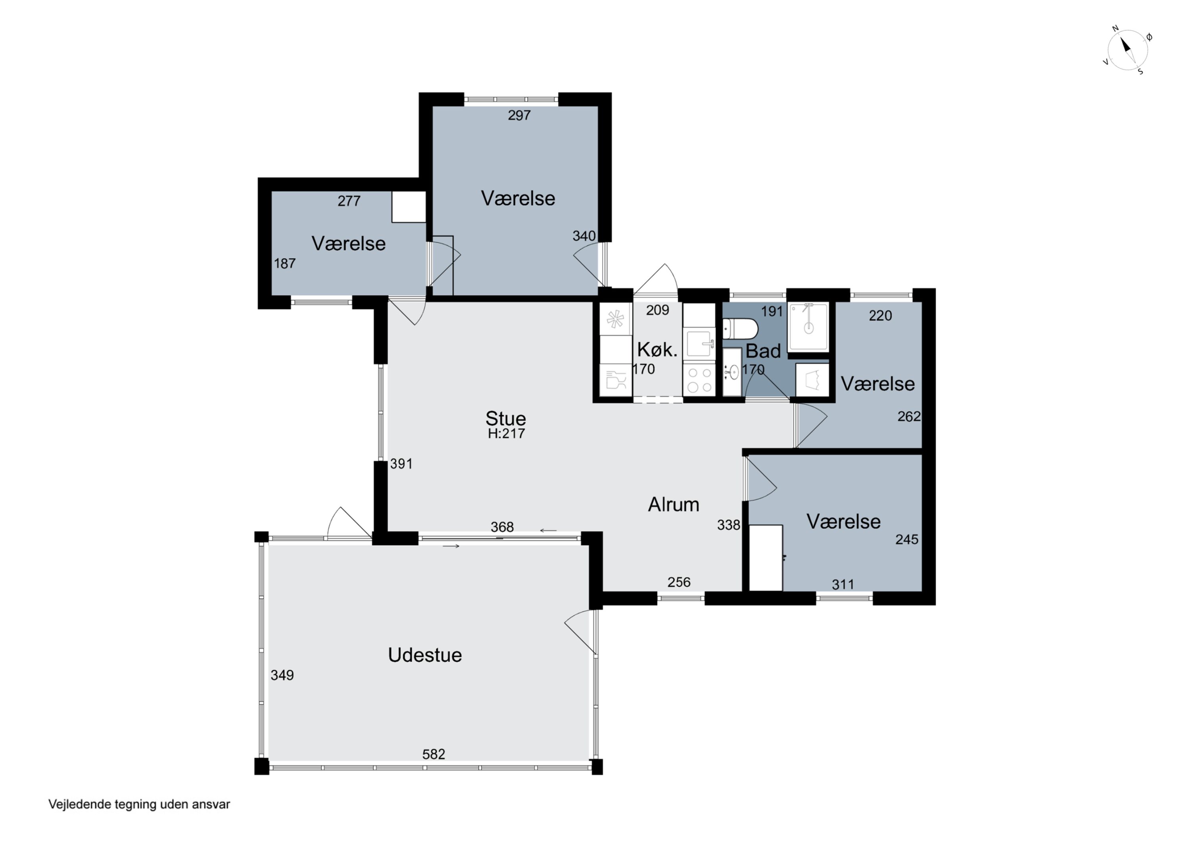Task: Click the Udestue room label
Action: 424,655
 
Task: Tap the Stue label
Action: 505,418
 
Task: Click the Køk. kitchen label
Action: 657,350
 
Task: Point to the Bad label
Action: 763,351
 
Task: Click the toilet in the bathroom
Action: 740,329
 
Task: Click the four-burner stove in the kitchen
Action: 699,380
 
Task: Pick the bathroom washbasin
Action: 732,372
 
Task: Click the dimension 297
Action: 519,115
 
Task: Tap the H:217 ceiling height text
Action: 507,434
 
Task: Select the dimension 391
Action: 401,464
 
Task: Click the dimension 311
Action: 843,584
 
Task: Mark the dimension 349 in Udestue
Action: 282,675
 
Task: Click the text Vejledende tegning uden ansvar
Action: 139,804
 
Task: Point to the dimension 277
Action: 349,201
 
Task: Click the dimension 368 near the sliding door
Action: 502,527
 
